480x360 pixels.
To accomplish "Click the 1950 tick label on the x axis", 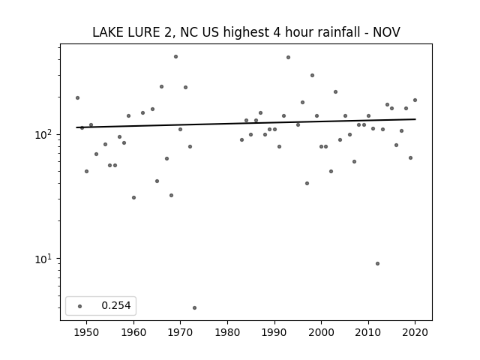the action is click(87, 332).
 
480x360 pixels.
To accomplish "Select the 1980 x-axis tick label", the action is click(227, 332).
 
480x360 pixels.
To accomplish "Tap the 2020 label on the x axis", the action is click(415, 332).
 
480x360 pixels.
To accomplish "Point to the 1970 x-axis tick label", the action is click(180, 332).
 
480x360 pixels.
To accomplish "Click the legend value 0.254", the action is click(116, 305).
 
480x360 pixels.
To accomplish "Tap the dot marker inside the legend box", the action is click(80, 306).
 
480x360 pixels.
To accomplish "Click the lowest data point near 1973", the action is click(195, 308).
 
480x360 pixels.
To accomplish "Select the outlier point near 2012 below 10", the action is click(377, 263).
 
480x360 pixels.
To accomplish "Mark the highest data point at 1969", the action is click(175, 57).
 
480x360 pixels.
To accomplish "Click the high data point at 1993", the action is click(288, 57).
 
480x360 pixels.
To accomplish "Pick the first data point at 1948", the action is click(77, 98).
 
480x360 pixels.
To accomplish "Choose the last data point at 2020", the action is click(415, 100).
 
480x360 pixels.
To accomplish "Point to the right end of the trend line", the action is click(415, 119).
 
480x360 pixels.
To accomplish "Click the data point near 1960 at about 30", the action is click(133, 198).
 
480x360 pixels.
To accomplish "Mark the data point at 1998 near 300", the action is click(312, 75).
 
